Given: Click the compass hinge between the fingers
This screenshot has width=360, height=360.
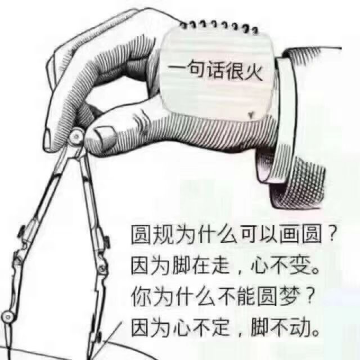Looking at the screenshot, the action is (x=76, y=136).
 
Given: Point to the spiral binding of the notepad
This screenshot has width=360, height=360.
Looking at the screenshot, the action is (x=220, y=27).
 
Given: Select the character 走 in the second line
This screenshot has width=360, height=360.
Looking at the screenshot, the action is (x=221, y=265).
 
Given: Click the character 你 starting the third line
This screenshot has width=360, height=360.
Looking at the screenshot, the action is (x=140, y=296).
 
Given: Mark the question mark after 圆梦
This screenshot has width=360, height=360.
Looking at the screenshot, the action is (x=310, y=296).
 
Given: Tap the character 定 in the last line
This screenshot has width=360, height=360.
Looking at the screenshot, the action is (x=220, y=327).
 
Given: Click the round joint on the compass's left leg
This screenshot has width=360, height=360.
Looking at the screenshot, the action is (x=7, y=317).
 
